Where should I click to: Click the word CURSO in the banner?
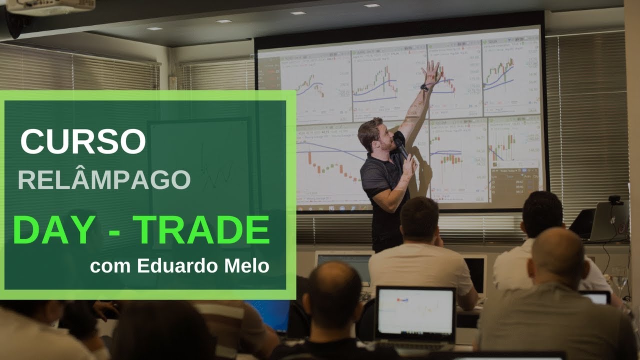[83, 141]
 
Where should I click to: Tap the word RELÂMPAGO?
[104, 179]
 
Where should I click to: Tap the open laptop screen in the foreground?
[415, 311]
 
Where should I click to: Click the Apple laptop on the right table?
[608, 222]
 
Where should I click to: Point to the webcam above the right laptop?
[615, 200]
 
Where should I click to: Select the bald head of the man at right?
[557, 250]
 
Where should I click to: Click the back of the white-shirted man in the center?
[420, 267]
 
